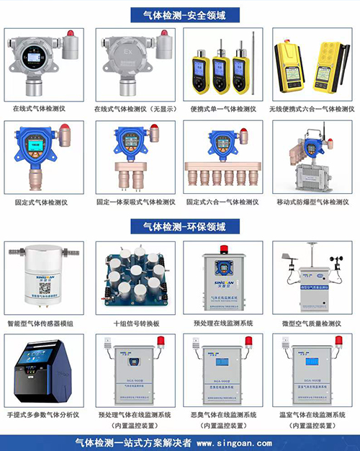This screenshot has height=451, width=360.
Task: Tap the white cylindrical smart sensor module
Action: [x=44, y=281]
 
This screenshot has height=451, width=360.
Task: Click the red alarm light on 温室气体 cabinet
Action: [x=337, y=341]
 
